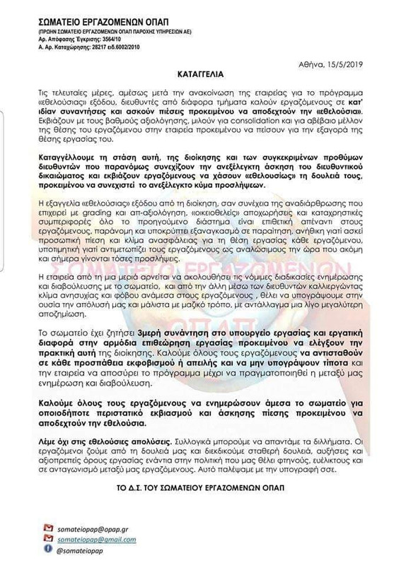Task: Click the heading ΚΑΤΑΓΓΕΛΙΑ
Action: click(202, 73)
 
